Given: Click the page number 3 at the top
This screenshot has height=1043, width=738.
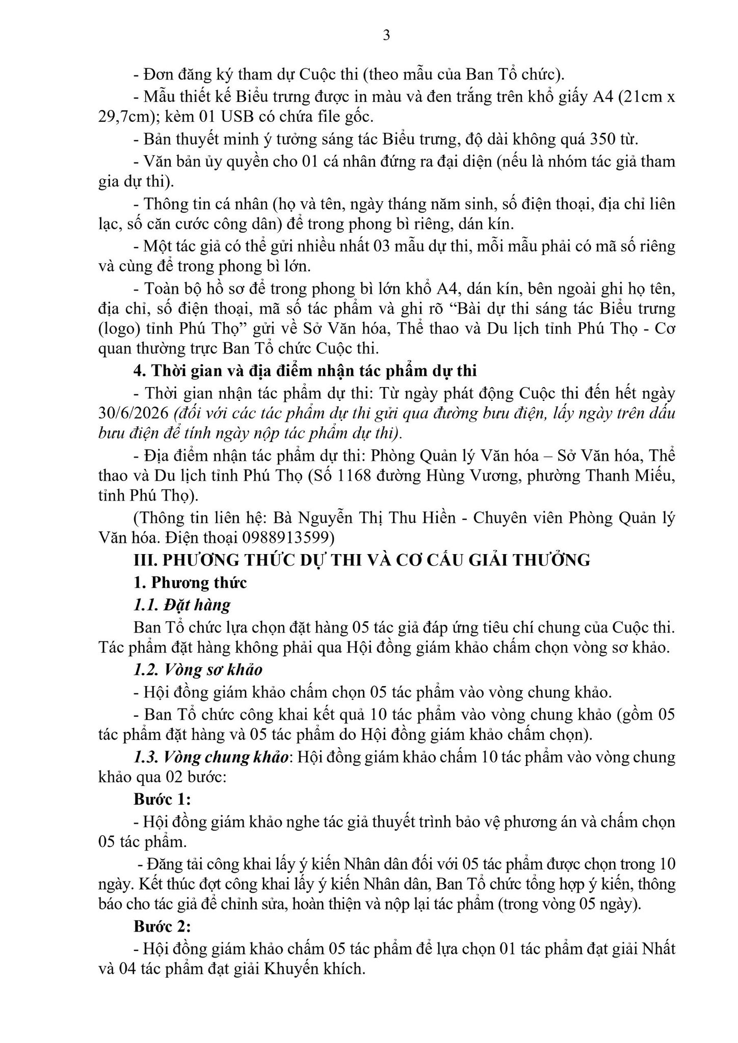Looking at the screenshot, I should (386, 36).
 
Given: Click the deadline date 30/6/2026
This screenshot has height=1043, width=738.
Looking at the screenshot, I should (133, 413).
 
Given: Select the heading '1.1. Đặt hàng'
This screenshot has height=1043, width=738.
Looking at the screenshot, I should (181, 605).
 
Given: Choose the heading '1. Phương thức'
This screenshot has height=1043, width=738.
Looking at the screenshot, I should (190, 582).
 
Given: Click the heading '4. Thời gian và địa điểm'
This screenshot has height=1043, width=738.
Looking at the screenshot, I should (305, 371).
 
